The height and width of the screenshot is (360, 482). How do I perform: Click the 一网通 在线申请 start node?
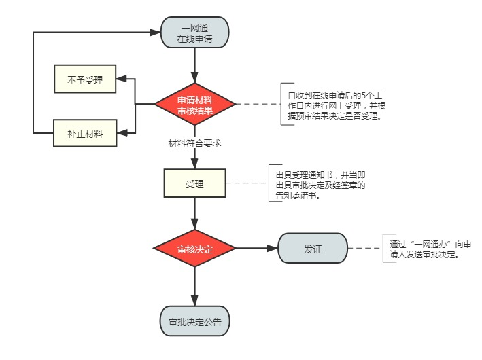tap(195, 33)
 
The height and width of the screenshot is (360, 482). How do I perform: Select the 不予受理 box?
tap(85, 80)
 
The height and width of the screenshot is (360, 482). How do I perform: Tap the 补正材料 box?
tap(85, 132)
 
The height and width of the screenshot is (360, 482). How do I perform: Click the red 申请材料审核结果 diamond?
tap(195, 105)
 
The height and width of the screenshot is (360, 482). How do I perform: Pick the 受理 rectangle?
tap(195, 183)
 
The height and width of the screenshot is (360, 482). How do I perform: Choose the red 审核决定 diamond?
tap(195, 249)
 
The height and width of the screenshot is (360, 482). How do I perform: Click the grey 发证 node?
tap(312, 249)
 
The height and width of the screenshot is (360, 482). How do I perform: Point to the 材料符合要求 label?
tap(195, 143)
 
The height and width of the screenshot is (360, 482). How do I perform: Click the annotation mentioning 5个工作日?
tap(332, 105)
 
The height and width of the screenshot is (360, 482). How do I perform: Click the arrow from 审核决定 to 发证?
tap(257, 249)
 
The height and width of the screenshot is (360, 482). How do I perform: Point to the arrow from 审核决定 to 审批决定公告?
tap(195, 285)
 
